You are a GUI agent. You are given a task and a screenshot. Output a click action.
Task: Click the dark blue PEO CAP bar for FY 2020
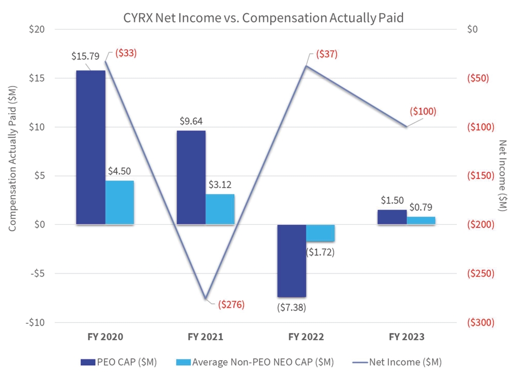tap(91, 147)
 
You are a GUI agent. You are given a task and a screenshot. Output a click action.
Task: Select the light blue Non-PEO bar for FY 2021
tap(220, 209)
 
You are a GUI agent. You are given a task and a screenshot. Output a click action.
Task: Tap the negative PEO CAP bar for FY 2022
tap(292, 260)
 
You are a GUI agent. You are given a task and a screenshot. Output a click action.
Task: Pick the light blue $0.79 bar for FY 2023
tap(421, 220)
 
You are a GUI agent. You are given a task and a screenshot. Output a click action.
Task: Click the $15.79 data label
tap(85, 56)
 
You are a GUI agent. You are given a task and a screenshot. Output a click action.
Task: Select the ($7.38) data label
tap(292, 307)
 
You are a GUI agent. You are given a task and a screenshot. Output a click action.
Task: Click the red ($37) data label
tap(326, 54)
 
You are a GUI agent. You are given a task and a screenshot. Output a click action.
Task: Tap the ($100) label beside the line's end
tap(422, 111)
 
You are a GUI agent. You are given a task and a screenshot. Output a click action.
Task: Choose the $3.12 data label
tap(221, 184)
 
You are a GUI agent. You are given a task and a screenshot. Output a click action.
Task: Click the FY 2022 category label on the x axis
tap(306, 337)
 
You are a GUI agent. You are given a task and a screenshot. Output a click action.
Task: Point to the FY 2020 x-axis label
tap(105, 337)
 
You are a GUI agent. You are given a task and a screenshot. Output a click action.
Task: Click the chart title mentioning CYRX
tap(264, 18)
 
